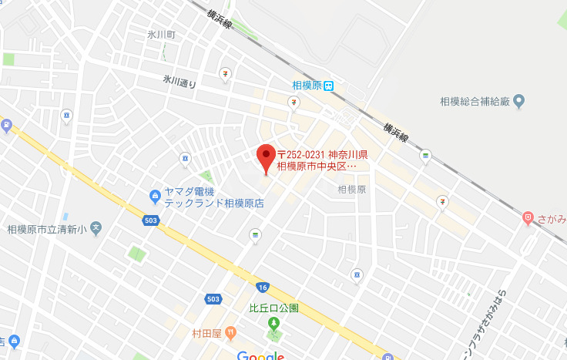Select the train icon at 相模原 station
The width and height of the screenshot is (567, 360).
pyautogui.click(x=329, y=86)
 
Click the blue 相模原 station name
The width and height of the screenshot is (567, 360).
pyautogui.click(x=307, y=86)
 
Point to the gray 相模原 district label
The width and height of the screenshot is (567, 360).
pyautogui.click(x=351, y=189)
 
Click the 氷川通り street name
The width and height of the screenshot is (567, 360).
pyautogui.click(x=179, y=81)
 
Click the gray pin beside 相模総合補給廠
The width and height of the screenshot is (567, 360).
pyautogui.click(x=518, y=100)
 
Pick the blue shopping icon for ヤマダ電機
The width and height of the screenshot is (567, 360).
pyautogui.click(x=156, y=197)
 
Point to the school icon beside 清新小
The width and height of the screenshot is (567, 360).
pyautogui.click(x=96, y=227)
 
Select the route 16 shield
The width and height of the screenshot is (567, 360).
pyautogui.click(x=263, y=287)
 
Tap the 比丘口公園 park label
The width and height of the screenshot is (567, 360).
pyautogui.click(x=274, y=308)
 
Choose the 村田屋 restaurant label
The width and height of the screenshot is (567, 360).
pyautogui.click(x=207, y=333)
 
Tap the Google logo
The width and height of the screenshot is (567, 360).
pyautogui.click(x=260, y=355)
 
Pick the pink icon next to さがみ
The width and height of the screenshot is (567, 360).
pyautogui.click(x=528, y=218)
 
